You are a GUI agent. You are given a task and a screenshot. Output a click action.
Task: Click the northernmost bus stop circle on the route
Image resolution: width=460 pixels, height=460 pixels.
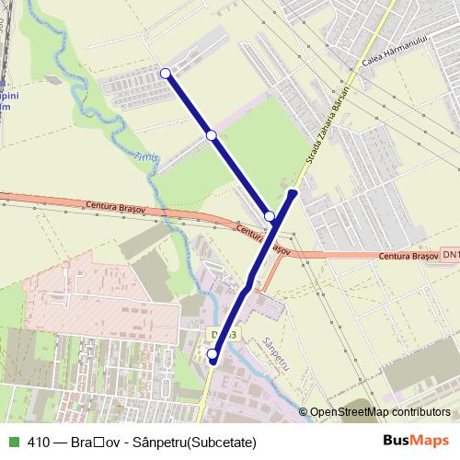tap(166, 74)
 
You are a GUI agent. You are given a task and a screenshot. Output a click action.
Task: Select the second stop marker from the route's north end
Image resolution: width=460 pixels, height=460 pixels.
tap(212, 135)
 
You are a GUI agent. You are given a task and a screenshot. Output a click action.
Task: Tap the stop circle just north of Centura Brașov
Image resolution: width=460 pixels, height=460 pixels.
tap(270, 216)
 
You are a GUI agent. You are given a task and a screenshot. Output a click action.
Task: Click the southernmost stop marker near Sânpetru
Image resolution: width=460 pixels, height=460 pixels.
tap(213, 354)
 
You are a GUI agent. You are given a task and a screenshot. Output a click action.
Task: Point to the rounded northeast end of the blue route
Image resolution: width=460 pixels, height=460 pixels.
tap(293, 193)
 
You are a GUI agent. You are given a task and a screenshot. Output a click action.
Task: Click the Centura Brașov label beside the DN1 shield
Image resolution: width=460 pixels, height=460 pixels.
tap(402, 255)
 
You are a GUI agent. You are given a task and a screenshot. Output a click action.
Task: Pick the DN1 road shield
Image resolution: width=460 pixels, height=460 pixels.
tap(450, 254)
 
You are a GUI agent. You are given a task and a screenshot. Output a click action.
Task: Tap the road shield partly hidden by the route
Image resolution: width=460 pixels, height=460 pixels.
tap(227, 333)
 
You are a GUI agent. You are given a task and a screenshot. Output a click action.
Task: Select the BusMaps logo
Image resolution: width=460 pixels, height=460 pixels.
tap(414, 442)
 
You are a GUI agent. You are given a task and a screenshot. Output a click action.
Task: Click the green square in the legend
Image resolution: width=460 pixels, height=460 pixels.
tap(13, 442)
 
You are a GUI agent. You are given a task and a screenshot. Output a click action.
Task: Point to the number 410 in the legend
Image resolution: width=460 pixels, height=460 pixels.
tap(40, 442)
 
